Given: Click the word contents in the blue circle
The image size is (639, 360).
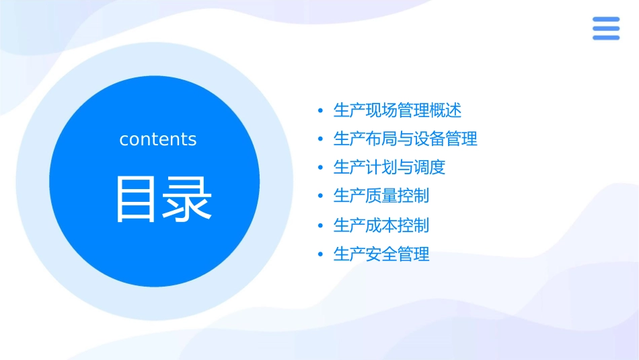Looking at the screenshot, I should pos(158,139).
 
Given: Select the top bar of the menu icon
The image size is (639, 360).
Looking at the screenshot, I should pos(605,20).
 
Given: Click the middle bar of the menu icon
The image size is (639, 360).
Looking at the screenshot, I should pos(605,28).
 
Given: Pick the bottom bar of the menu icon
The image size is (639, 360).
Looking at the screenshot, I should pos(605,37).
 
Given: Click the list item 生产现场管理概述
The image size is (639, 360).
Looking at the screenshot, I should pos(397,110).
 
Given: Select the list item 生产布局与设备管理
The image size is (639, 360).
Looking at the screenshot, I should pos(405,139).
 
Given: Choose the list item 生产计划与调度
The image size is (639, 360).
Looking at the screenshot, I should pos(389,168).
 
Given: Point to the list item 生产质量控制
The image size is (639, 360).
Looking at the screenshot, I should pos(381,196).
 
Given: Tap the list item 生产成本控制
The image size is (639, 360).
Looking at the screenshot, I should pos(381,225).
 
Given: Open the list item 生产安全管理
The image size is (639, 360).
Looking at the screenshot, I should pos(381,254).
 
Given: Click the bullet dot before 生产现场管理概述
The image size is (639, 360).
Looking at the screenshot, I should pos(320,110).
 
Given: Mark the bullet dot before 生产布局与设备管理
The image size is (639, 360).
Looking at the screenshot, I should pos(320,139).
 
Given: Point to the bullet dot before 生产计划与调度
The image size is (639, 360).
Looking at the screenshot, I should pos(320,168).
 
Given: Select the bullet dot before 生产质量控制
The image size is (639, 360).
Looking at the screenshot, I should pos(320,196).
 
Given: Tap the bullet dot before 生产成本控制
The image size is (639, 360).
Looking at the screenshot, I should pos(320,225).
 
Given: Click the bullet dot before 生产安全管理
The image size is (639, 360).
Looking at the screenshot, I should pos(320,254).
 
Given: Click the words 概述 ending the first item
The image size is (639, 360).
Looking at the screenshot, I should pos(445,110).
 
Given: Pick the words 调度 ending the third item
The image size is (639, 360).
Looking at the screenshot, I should pos(429,168).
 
